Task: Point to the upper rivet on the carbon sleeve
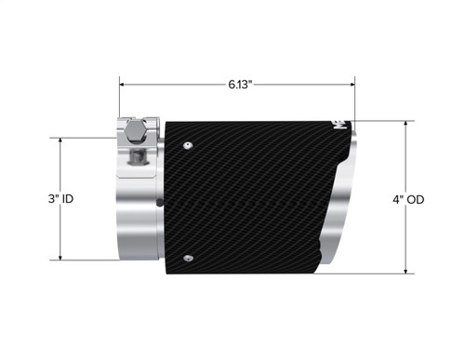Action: (188, 144)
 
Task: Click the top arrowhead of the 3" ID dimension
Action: (60, 142)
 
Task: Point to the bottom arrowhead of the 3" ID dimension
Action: (60, 258)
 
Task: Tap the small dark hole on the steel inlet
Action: (161, 201)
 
